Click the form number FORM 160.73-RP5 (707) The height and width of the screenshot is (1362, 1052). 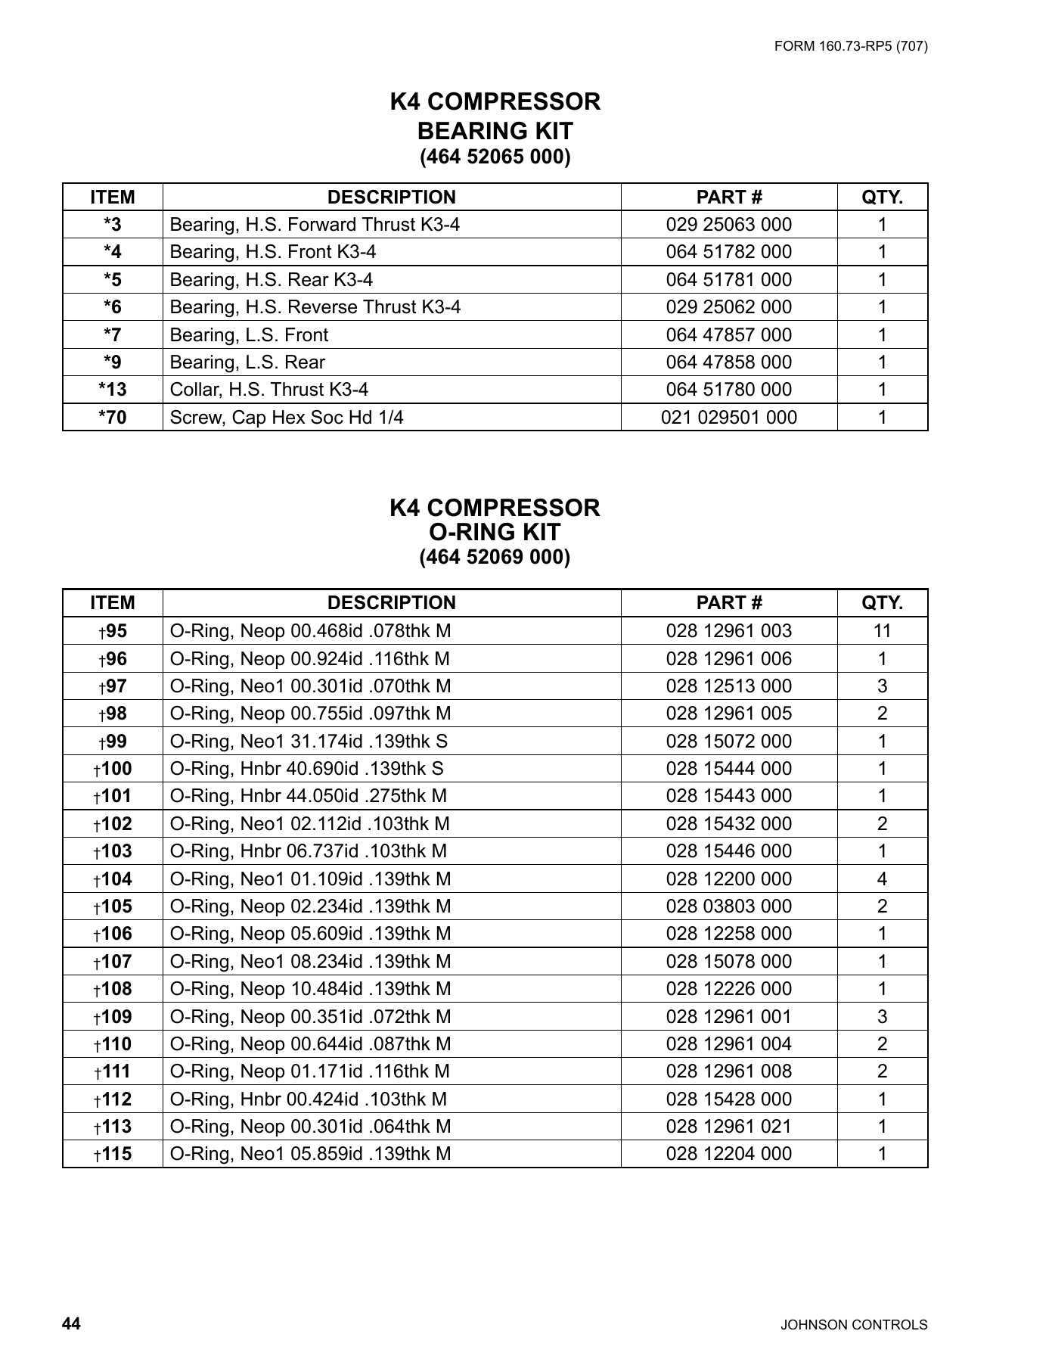[851, 46]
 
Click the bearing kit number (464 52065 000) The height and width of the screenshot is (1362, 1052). [495, 157]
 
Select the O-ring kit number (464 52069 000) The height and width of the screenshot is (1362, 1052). [495, 558]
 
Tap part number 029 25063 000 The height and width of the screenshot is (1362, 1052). [728, 225]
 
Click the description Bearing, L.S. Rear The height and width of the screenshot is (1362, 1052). [247, 362]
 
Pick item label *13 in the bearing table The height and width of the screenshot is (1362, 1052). [113, 390]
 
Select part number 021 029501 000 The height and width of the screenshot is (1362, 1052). [728, 418]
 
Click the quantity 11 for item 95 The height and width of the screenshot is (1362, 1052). [882, 631]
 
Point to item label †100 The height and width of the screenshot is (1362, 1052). [113, 769]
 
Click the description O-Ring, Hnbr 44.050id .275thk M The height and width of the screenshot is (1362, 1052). [309, 796]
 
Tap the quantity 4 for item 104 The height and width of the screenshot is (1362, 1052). [882, 879]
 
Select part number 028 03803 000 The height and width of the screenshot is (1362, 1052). [728, 906]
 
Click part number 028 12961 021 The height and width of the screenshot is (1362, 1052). [728, 1127]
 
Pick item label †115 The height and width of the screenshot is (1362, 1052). [113, 1154]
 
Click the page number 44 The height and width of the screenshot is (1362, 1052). [71, 1323]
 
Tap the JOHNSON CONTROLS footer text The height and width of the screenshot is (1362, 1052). [853, 1325]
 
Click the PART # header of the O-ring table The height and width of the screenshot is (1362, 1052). [728, 603]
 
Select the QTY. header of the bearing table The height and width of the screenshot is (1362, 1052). [882, 197]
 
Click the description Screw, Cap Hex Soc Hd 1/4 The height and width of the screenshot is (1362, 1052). [287, 418]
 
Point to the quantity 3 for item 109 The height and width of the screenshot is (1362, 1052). [882, 1017]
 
